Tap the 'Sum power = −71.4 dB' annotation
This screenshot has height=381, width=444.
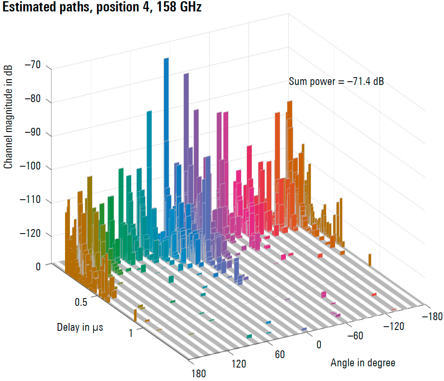(x=336, y=82)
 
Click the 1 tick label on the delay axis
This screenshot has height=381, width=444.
(x=131, y=333)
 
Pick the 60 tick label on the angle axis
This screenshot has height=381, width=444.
(x=280, y=354)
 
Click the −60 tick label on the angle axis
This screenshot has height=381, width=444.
(x=355, y=336)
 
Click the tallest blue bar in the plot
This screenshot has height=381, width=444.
(x=166, y=123)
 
